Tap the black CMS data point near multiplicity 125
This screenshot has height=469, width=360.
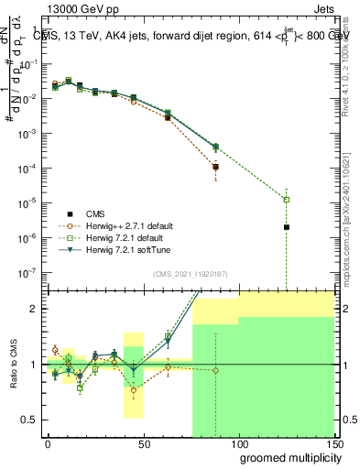287,227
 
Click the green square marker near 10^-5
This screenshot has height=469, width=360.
287,200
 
